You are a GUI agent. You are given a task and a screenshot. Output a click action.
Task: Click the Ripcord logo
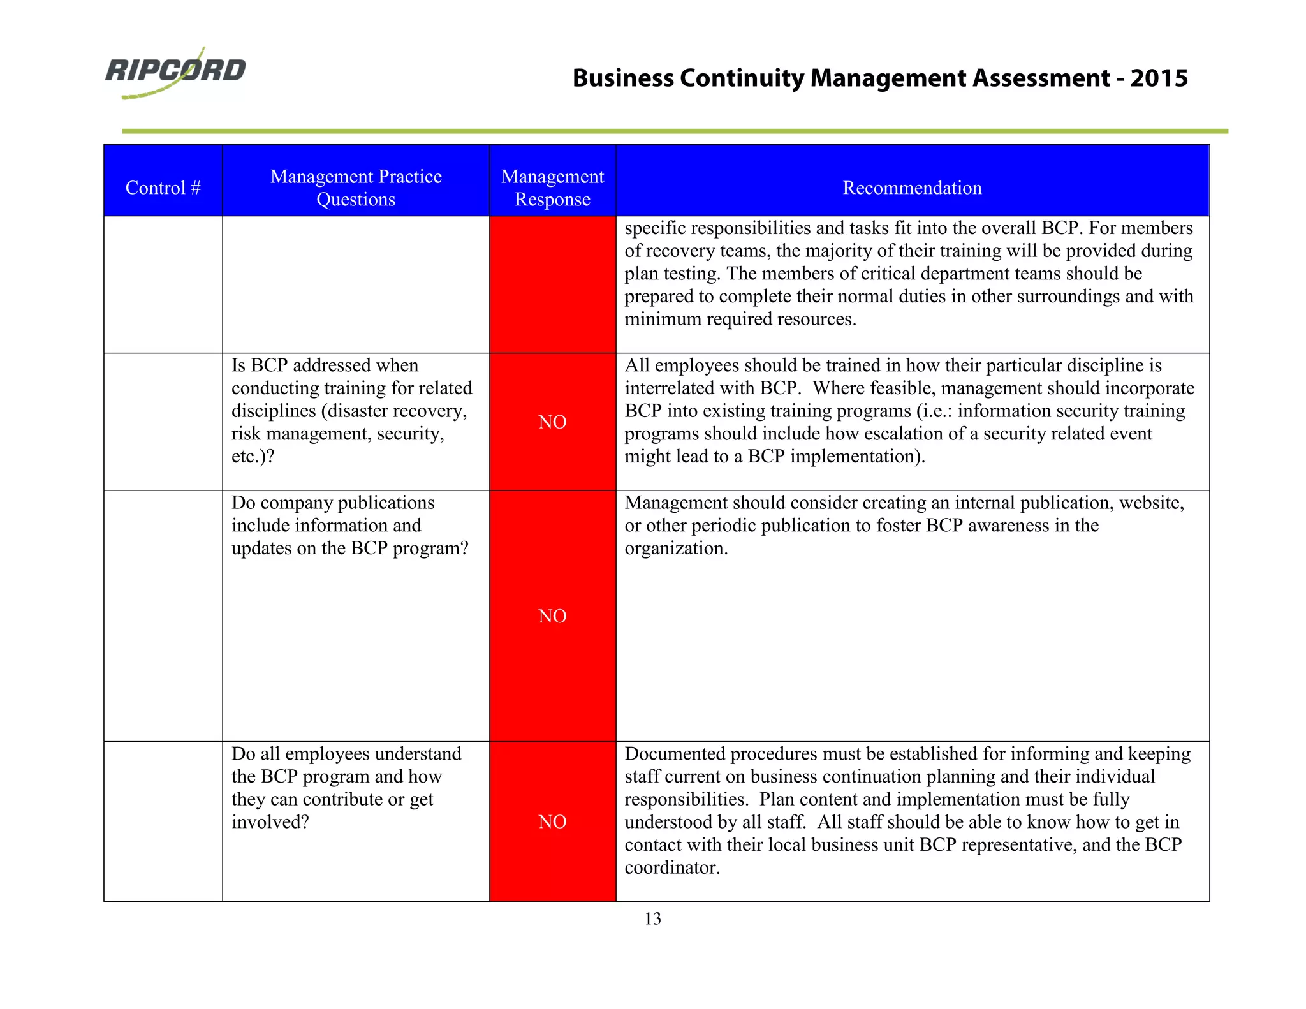175,71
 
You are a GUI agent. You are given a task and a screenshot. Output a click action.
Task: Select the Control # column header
163,188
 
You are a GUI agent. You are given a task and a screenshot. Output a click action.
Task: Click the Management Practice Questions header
356,188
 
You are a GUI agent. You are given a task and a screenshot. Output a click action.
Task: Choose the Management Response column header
552,188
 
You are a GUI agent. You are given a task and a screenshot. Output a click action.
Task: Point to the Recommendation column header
912,188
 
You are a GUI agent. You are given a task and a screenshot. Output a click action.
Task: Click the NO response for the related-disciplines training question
552,422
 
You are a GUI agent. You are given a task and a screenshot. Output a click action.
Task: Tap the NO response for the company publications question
552,615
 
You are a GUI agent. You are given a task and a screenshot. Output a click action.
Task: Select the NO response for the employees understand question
552,821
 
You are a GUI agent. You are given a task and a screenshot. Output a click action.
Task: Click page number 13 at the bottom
652,918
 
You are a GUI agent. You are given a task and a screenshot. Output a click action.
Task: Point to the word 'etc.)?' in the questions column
253,457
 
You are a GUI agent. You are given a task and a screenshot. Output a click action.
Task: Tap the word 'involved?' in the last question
270,822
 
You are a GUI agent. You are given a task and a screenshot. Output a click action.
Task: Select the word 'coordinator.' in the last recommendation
672,867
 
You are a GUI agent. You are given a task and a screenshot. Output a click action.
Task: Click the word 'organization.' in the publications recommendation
676,549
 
